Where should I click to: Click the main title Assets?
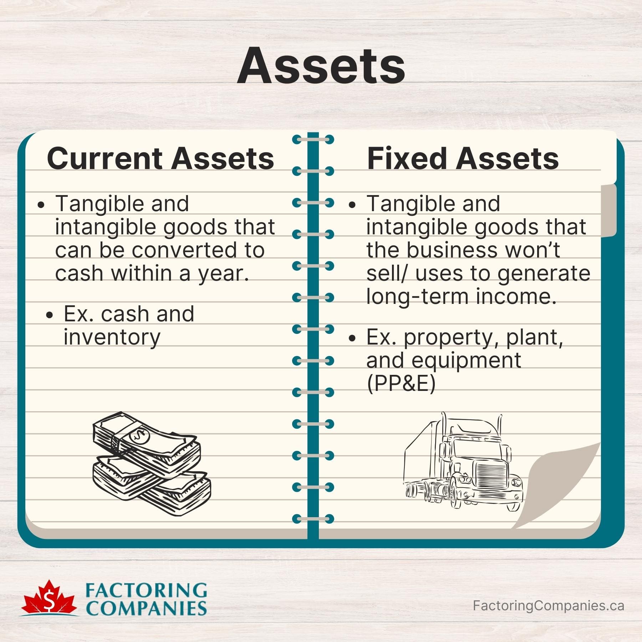[321, 66]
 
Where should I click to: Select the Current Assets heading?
[160, 158]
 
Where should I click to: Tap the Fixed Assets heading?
[463, 158]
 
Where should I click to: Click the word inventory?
[112, 337]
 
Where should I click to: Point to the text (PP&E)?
[401, 384]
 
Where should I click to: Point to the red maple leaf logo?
[49, 600]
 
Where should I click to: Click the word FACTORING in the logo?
[146, 591]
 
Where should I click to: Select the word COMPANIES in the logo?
[146, 608]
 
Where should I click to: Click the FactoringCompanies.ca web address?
[548, 605]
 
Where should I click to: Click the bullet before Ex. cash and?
[50, 315]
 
